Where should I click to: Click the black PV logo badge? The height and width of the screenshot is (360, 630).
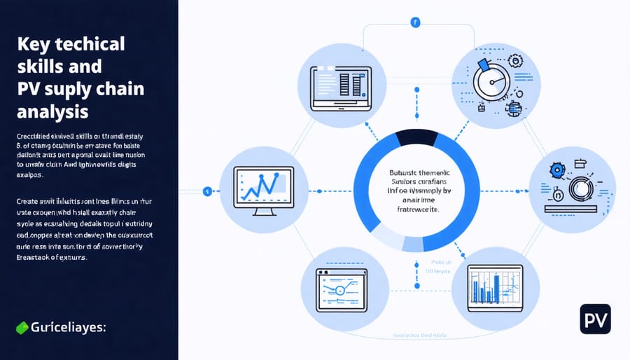(595, 319)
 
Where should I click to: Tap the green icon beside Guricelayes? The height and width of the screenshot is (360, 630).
(22, 326)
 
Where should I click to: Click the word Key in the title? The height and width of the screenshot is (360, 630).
(33, 43)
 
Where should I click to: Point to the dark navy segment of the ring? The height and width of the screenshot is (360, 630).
(416, 138)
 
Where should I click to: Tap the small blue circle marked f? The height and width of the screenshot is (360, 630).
(416, 22)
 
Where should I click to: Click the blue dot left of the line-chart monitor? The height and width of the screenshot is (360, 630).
(207, 191)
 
